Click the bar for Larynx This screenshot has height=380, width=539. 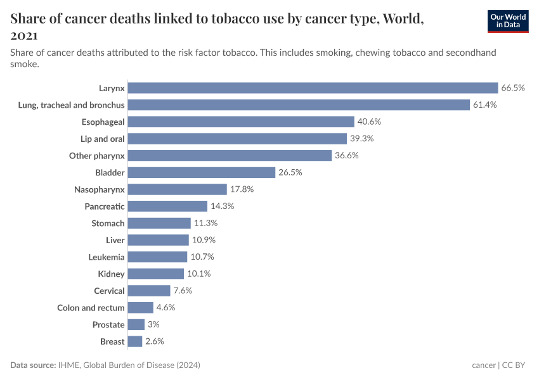point(313,87)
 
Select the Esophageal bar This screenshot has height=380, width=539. point(241,122)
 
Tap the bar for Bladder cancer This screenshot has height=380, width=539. point(202,172)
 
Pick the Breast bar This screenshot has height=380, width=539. point(135,341)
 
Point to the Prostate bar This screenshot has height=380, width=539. point(136,324)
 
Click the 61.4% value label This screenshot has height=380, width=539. point(484,104)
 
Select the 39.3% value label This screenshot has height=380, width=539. point(362,138)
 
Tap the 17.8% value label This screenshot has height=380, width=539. point(242,189)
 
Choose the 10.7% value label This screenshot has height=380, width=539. point(202,256)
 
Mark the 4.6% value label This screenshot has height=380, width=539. point(166,307)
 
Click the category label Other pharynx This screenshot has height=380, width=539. point(97,155)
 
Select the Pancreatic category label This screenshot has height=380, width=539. point(105,206)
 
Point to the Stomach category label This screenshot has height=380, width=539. point(108,223)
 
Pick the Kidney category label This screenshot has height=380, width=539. point(112,274)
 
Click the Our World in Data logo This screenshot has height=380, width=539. point(507,21)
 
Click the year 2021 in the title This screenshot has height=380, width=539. point(25,35)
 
